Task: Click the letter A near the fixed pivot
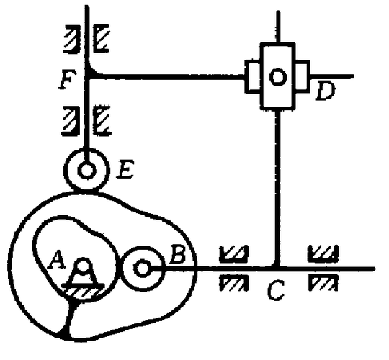tap(57, 259)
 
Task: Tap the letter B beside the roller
tap(177, 254)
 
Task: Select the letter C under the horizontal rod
tap(275, 290)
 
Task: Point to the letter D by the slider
tap(325, 91)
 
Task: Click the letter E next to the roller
tap(125, 169)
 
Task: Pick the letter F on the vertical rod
tap(67, 80)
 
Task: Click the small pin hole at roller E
tap(86, 171)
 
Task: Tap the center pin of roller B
tap(142, 269)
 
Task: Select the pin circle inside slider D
tap(278, 77)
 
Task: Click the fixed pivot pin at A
tap(83, 264)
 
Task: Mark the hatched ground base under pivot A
tap(83, 292)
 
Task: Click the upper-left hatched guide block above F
tap(72, 39)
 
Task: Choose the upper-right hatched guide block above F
tap(102, 38)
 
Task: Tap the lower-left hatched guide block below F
tap(71, 121)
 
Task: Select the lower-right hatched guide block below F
tap(102, 120)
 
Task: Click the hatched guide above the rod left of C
tap(233, 253)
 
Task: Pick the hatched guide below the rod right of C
tap(323, 283)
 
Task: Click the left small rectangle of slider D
tap(253, 77)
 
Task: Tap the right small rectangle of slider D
tap(303, 76)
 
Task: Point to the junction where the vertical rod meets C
tap(277, 268)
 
